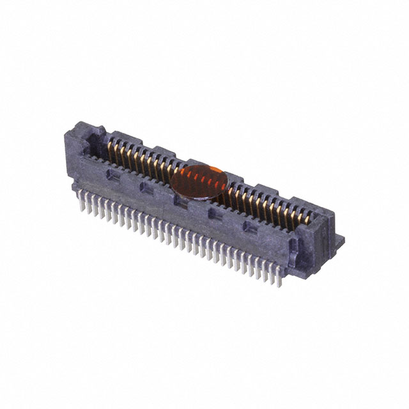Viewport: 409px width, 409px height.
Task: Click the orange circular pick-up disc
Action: [x=198, y=181]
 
